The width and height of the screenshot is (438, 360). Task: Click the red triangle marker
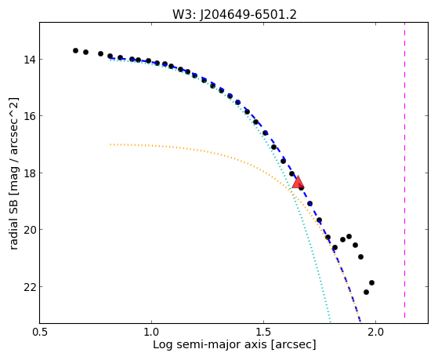(298, 182)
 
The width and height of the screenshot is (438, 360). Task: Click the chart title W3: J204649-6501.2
(234, 14)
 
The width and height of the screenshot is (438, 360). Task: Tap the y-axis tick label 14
(29, 60)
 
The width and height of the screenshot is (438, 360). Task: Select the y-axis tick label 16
(29, 116)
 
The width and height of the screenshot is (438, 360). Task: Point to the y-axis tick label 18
(29, 173)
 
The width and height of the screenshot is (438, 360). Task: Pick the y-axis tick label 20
(29, 230)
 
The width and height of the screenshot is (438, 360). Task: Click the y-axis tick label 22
(29, 287)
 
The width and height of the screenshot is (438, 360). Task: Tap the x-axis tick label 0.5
(40, 333)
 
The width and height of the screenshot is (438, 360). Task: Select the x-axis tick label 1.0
(152, 333)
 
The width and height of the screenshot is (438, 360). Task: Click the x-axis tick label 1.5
(264, 333)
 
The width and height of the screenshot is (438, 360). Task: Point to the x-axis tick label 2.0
(376, 333)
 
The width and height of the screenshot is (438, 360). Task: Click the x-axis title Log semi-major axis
(210, 344)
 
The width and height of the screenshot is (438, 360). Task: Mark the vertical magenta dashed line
(405, 170)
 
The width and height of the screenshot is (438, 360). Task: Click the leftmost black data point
(75, 51)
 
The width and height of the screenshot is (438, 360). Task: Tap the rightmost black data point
(372, 283)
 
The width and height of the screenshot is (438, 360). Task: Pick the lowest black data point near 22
(366, 293)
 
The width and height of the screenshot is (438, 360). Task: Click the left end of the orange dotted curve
(110, 144)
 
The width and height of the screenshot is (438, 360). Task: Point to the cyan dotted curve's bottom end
(331, 322)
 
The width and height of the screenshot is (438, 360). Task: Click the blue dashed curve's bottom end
(360, 322)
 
